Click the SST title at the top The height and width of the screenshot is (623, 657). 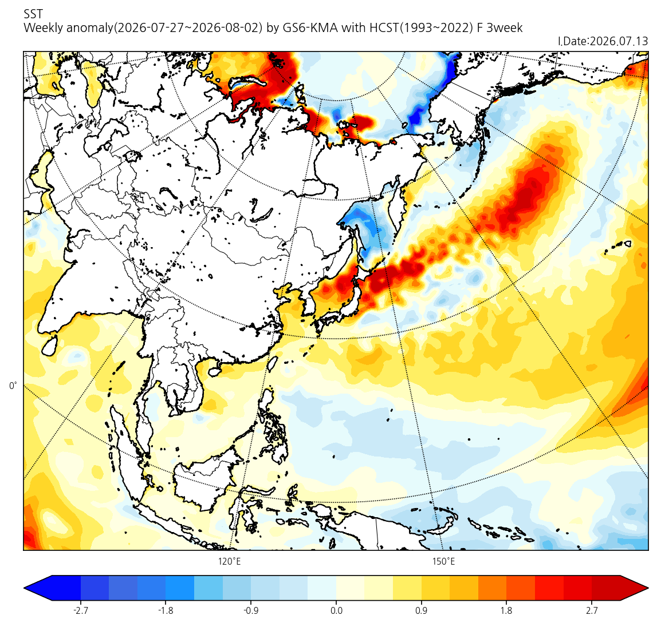33,14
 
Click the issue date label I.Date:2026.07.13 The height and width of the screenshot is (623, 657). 603,41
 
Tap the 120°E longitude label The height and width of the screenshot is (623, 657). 229,561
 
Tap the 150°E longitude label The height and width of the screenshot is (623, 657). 444,561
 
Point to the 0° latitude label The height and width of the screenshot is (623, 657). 13,386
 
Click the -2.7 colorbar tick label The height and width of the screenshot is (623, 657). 80,610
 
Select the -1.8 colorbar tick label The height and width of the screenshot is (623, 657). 166,610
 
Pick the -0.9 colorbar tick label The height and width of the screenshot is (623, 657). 250,610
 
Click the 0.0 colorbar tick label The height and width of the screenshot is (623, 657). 336,610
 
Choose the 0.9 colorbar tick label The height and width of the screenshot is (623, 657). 421,610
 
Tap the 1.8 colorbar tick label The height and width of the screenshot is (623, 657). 506,610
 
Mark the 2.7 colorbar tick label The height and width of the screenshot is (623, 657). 592,610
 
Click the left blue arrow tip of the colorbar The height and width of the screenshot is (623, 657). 24,588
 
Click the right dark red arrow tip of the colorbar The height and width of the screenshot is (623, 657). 648,588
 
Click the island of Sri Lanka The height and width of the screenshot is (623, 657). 50,345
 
